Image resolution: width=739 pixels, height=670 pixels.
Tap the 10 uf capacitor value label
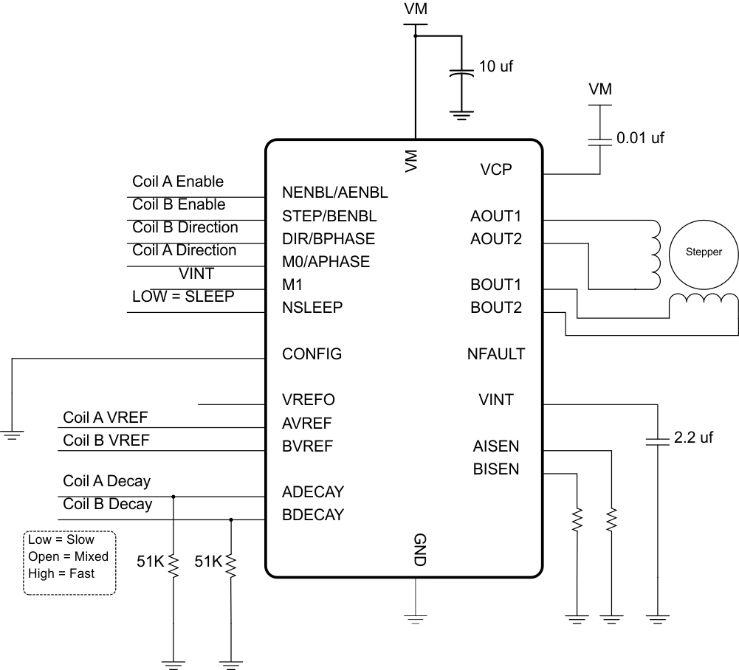click(x=496, y=66)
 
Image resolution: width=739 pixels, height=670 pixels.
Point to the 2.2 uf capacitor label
click(x=693, y=438)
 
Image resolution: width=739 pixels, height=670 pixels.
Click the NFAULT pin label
click(x=495, y=354)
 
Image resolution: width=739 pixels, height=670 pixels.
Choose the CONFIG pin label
click(x=312, y=354)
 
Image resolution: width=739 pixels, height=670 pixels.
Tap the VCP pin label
click(x=495, y=170)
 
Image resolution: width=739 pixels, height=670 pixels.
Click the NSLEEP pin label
click(x=312, y=308)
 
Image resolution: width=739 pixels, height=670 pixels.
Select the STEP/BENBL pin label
click(x=329, y=216)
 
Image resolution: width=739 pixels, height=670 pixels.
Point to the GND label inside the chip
click(x=417, y=550)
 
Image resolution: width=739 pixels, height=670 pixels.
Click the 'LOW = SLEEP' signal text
click(x=183, y=297)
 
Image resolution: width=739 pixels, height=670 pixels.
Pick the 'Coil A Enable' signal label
click(x=178, y=182)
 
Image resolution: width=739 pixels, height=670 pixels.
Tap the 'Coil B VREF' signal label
click(x=106, y=441)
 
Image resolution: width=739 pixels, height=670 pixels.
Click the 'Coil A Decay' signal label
click(x=106, y=481)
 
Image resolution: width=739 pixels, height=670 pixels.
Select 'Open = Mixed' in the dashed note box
click(x=68, y=556)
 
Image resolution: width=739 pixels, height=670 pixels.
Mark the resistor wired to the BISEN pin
click(x=576, y=520)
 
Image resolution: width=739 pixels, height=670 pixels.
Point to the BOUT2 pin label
click(x=496, y=308)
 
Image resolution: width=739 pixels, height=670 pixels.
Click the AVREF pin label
click(x=307, y=424)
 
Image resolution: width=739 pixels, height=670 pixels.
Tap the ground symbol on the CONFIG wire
click(x=13, y=435)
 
